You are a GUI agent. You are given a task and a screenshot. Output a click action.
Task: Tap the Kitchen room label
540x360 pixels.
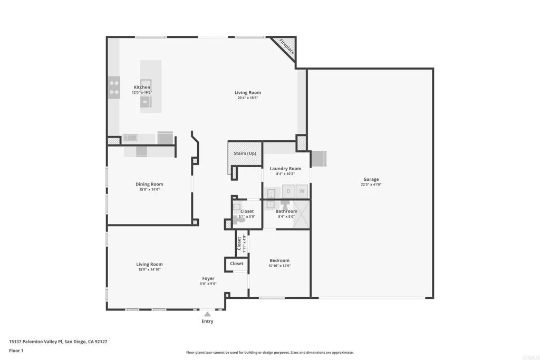(x=142, y=87)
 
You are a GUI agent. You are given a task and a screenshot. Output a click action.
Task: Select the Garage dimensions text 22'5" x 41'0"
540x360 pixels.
(x=371, y=184)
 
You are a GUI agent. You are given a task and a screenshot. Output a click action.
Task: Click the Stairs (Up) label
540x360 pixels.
(x=245, y=153)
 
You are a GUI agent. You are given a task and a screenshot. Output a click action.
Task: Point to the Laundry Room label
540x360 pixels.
(x=285, y=169)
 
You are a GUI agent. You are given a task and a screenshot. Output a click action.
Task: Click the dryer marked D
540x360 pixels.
(x=288, y=191)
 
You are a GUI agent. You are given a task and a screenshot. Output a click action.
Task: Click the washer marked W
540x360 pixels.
(x=302, y=191)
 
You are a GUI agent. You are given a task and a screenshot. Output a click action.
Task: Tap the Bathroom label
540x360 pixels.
(x=287, y=211)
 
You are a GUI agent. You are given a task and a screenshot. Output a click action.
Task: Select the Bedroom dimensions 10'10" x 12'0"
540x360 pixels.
(x=279, y=266)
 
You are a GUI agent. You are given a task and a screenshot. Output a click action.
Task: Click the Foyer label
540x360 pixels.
(x=208, y=278)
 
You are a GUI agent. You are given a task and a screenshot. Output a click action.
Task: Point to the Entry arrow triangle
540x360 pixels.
(x=208, y=314)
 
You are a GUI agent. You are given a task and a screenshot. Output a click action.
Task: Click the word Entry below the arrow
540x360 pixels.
(x=208, y=322)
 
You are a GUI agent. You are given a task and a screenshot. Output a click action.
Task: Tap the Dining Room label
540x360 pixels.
(x=149, y=184)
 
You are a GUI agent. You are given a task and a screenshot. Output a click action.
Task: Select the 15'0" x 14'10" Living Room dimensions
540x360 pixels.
(x=149, y=270)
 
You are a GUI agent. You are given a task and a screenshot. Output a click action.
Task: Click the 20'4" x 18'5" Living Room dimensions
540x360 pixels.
(x=248, y=98)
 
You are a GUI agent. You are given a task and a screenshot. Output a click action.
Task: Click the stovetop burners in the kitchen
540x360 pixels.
(x=114, y=87)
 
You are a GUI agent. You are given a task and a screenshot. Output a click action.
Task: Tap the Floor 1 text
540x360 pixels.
(x=16, y=350)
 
